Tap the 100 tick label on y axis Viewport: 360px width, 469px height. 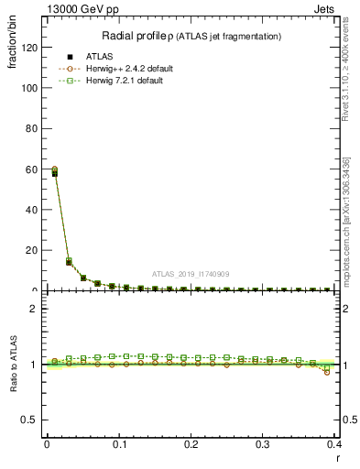pos(29,89)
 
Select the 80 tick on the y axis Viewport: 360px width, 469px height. pos(32,129)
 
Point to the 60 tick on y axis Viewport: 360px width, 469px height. pos(32,169)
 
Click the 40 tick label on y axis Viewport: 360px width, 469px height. pos(32,210)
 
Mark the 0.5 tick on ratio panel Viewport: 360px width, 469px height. pos(30,420)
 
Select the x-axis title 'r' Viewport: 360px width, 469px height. pos(337,457)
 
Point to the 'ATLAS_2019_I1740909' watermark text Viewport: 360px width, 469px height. pos(190,274)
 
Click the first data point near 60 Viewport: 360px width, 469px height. pos(54,171)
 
